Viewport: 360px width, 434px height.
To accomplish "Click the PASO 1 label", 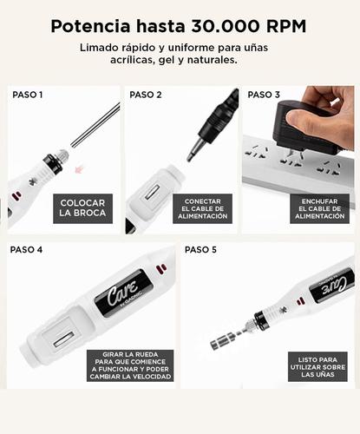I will [x=27, y=95].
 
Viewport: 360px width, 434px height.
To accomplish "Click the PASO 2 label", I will [x=146, y=95].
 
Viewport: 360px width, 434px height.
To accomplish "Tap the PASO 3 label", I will [x=264, y=95].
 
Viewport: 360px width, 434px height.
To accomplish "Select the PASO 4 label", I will [x=27, y=249].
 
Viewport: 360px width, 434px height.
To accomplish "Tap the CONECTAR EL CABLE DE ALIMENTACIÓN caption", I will [x=205, y=208].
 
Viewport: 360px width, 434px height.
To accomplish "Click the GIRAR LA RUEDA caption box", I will [x=129, y=365].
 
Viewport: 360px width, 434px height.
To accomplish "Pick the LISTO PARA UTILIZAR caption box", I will [x=316, y=365].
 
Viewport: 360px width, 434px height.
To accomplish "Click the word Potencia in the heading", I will [x=88, y=26].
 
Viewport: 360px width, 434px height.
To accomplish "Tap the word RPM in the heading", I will [x=287, y=26].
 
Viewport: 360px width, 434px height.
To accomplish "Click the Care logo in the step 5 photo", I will [x=332, y=284].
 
